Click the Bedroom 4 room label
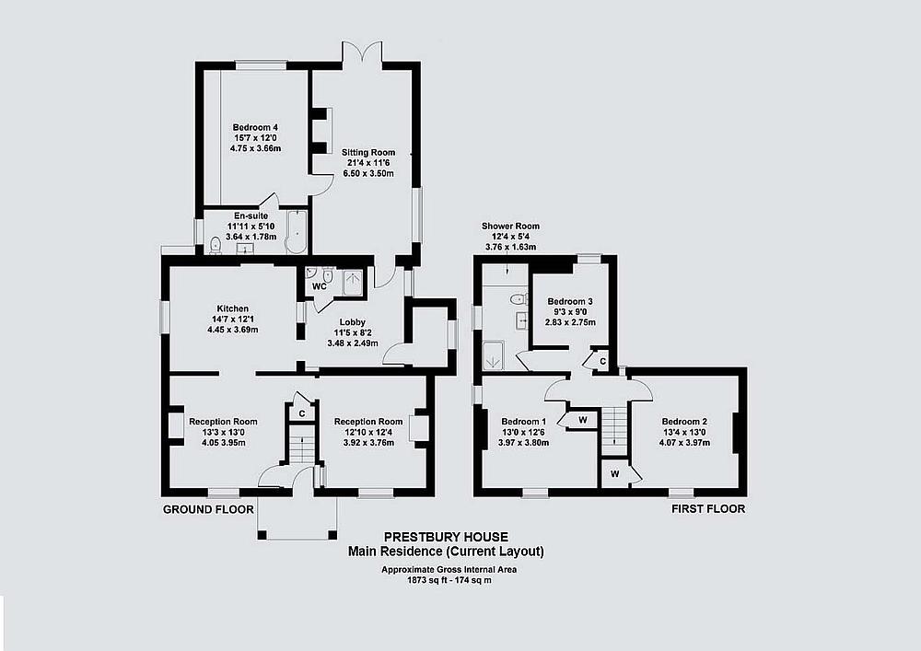click(x=255, y=127)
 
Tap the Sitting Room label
click(x=368, y=153)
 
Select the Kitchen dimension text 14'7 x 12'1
click(x=233, y=320)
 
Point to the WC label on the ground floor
click(x=319, y=286)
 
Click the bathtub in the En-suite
click(x=297, y=232)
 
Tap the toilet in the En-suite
click(x=216, y=245)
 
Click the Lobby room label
click(x=353, y=322)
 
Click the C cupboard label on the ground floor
click(x=302, y=413)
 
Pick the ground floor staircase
click(x=302, y=445)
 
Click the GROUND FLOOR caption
click(x=208, y=509)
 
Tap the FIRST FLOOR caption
click(x=708, y=509)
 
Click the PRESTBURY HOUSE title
click(x=446, y=537)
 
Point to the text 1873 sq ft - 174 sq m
click(x=449, y=580)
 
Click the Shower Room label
click(x=510, y=226)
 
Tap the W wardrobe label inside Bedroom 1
click(x=583, y=420)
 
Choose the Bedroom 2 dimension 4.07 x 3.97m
click(x=684, y=442)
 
